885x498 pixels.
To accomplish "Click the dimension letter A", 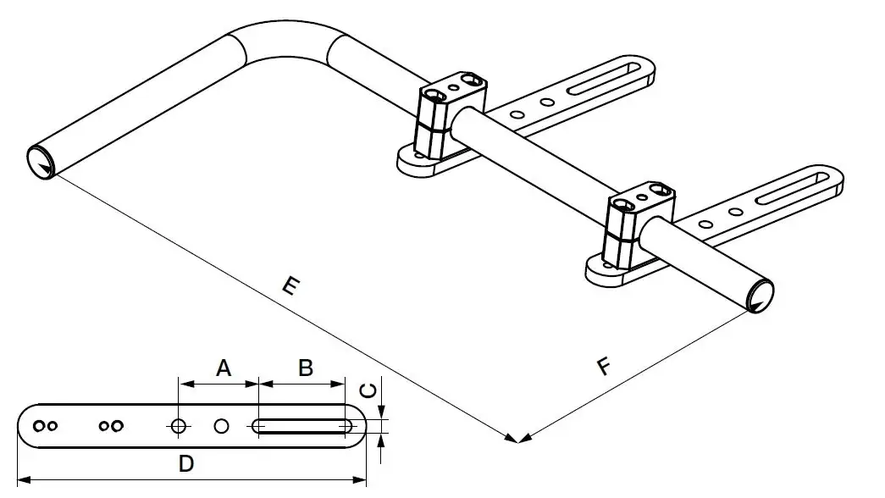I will click(223, 368).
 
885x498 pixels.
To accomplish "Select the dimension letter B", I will click(306, 368).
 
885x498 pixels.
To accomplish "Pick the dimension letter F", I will click(603, 367).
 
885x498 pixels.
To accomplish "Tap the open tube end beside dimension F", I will click(760, 295).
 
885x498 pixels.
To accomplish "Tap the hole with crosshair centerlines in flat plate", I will click(178, 426).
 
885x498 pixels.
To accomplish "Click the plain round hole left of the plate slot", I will click(222, 426).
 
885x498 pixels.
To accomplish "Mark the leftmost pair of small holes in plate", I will click(45, 425).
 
